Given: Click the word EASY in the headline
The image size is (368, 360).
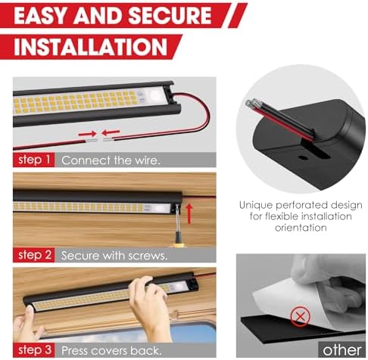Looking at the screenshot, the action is pyautogui.click(x=40, y=16).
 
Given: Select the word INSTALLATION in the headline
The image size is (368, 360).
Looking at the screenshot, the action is pyautogui.click(x=91, y=47).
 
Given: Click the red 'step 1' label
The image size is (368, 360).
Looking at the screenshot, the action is pyautogui.click(x=34, y=160).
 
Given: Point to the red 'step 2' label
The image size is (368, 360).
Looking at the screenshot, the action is pyautogui.click(x=34, y=255).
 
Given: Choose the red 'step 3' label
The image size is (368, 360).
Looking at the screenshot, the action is pyautogui.click(x=34, y=350).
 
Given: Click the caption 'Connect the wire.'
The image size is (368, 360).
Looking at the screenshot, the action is pyautogui.click(x=111, y=160).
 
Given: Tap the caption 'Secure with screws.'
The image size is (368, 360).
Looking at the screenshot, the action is pyautogui.click(x=114, y=256).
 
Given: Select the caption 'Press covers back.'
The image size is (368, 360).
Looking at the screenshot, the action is pyautogui.click(x=111, y=351).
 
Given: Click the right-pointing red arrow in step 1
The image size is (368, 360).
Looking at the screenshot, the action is pyautogui.click(x=87, y=134).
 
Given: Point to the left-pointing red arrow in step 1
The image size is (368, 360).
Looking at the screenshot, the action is pyautogui.click(x=111, y=132).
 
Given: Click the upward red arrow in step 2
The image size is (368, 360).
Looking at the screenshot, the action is pyautogui.click(x=189, y=214).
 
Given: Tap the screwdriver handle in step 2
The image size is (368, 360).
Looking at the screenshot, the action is pyautogui.click(x=179, y=239).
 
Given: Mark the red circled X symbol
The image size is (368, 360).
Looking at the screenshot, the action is pyautogui.click(x=300, y=316).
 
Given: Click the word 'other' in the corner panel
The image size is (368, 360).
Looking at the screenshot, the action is pyautogui.click(x=342, y=350).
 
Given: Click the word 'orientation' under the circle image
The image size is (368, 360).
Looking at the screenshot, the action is pyautogui.click(x=301, y=228).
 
